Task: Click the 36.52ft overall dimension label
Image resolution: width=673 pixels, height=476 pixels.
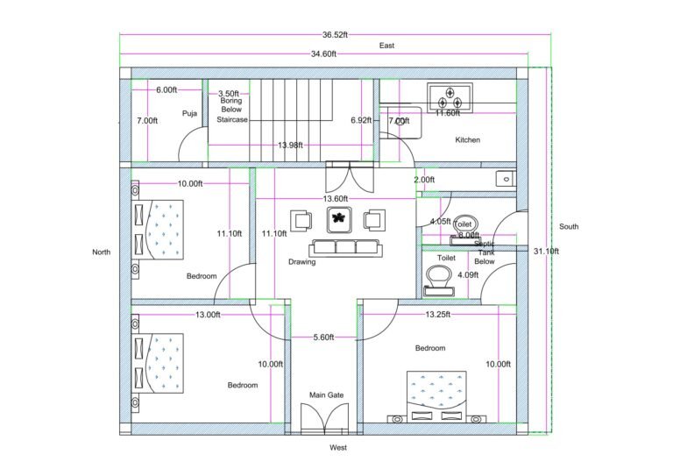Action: click(x=335, y=35)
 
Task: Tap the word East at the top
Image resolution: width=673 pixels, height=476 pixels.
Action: click(x=386, y=45)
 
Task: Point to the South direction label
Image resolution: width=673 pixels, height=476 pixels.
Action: click(x=569, y=227)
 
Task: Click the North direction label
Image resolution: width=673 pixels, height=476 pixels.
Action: click(x=102, y=252)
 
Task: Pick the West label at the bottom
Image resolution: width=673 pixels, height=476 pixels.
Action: click(x=339, y=448)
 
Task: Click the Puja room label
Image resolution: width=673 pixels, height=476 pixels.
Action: click(x=189, y=113)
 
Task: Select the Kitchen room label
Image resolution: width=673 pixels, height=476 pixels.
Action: click(x=467, y=140)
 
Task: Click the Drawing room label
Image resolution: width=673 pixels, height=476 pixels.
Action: click(x=301, y=262)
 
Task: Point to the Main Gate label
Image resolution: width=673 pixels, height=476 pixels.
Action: click(x=326, y=395)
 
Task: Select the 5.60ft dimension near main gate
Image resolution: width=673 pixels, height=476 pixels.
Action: click(x=324, y=337)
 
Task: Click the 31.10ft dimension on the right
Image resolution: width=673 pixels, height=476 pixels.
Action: click(x=546, y=252)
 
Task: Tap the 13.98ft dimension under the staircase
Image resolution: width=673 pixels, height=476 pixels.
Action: click(x=292, y=145)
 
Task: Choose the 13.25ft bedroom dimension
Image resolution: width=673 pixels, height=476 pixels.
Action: click(x=438, y=315)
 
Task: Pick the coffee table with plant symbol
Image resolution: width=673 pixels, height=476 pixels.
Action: click(x=340, y=219)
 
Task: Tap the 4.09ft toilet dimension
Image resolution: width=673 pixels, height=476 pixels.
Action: click(x=469, y=275)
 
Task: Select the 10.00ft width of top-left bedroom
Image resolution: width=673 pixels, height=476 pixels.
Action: click(x=190, y=184)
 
